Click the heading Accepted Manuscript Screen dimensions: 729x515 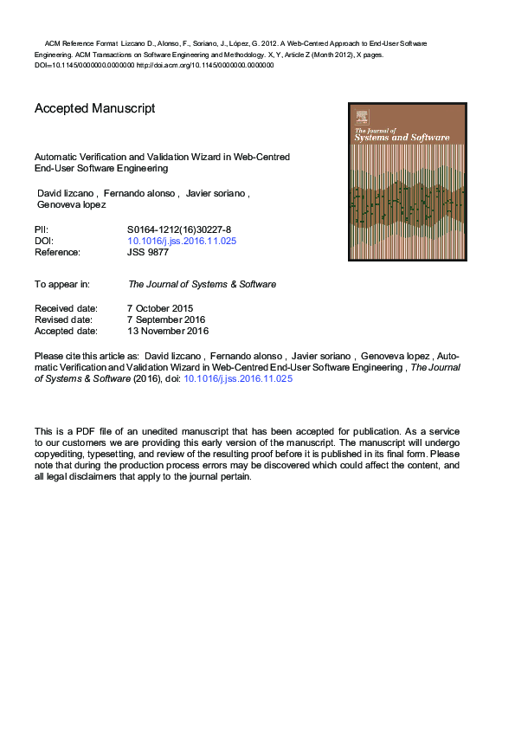[x=94, y=109]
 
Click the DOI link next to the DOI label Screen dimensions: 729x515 [x=182, y=241]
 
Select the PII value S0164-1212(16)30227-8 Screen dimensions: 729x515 [x=179, y=229]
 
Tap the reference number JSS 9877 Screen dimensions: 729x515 [x=148, y=252]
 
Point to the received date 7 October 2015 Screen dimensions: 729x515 [x=160, y=308]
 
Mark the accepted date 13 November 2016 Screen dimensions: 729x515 [x=168, y=331]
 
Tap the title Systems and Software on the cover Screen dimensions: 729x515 [x=401, y=138]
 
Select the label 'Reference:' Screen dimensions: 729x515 [x=57, y=252]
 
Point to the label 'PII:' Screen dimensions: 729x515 [x=42, y=229]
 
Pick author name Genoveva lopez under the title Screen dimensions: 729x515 [x=71, y=205]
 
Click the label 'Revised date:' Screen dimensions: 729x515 [x=64, y=319]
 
